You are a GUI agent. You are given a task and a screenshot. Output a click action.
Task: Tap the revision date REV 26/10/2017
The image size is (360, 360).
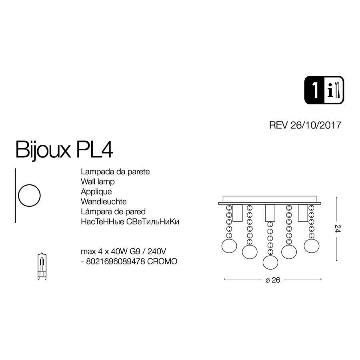[305, 125]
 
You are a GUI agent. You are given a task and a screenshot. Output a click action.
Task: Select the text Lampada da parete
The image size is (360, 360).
[115, 172]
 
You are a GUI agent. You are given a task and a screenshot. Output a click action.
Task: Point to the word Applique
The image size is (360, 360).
[96, 192]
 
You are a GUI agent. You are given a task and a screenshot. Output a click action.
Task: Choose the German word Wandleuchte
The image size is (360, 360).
[104, 202]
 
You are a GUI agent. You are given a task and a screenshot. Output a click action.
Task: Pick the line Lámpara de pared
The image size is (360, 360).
[113, 212]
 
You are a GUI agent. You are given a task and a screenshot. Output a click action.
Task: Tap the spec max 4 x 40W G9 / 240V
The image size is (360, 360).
[123, 252]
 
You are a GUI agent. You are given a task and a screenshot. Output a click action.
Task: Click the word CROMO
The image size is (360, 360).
[164, 261]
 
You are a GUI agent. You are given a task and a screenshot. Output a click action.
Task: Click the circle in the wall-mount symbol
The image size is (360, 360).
[30, 196]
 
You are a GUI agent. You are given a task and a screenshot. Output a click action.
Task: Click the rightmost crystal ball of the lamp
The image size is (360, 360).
[311, 244]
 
